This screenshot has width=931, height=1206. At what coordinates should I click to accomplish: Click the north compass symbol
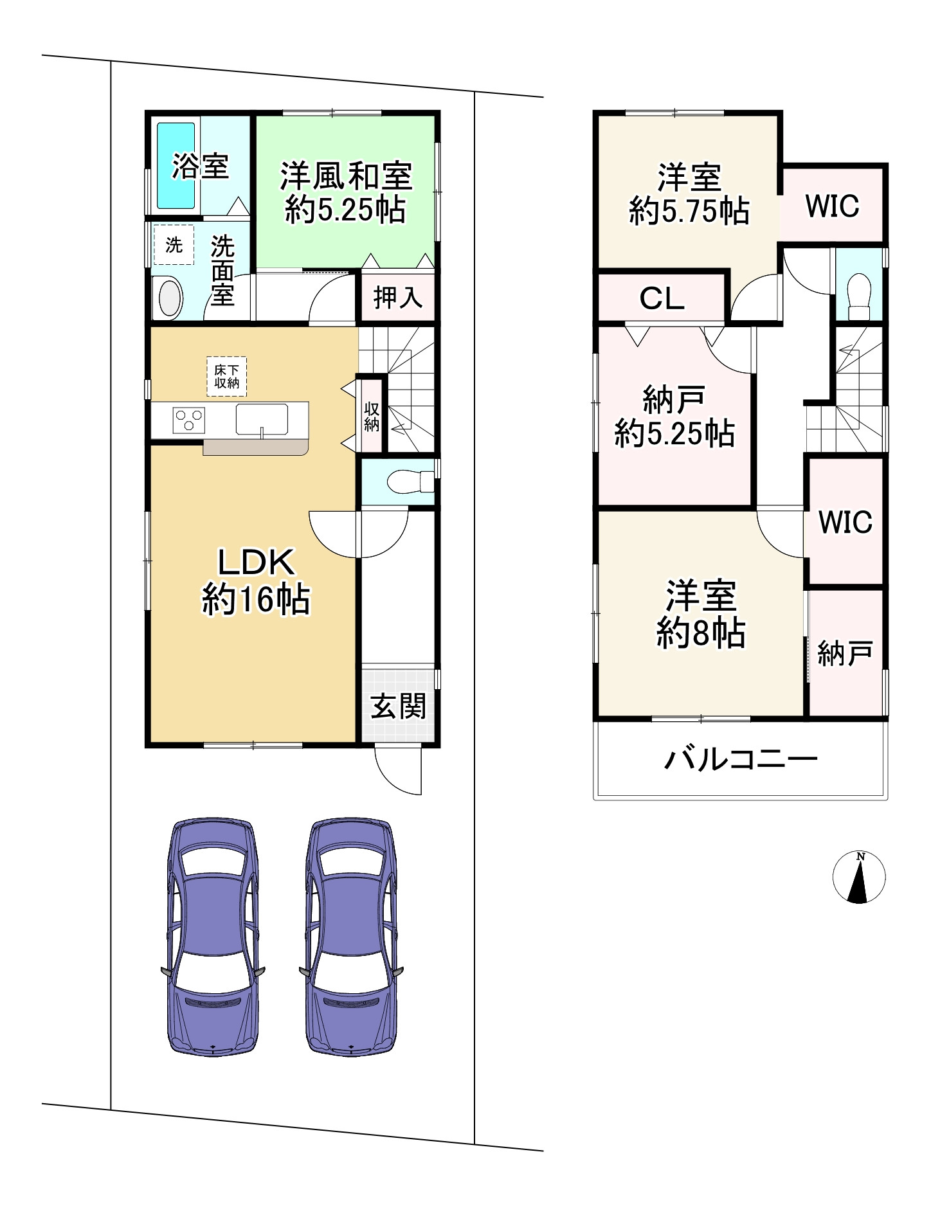(859, 877)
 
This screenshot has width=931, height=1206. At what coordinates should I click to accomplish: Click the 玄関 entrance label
(398, 707)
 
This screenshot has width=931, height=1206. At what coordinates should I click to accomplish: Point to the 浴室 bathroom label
(201, 166)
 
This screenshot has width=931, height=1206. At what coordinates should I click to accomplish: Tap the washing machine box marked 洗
(174, 245)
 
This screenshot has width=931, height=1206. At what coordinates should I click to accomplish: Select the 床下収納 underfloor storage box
(226, 377)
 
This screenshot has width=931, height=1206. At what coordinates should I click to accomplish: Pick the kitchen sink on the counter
(262, 420)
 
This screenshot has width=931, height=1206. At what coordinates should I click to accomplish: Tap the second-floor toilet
(859, 296)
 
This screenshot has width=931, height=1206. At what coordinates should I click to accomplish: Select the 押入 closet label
(398, 298)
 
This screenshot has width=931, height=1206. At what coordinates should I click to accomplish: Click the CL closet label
(662, 298)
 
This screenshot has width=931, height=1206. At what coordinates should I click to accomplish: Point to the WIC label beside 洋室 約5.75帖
(832, 206)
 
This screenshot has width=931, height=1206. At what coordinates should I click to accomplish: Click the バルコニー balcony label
(741, 759)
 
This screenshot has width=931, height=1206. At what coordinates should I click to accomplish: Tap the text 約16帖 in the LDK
(256, 600)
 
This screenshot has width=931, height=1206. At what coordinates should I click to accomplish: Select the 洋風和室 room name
(346, 176)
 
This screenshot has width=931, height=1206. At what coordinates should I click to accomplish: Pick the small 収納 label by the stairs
(372, 417)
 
